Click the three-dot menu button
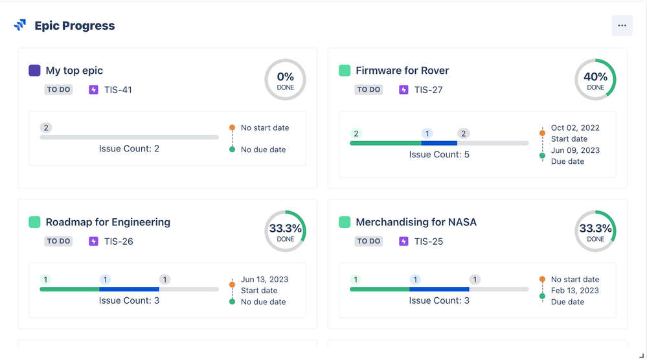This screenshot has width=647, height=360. click(622, 26)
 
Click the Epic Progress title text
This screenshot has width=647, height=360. click(74, 26)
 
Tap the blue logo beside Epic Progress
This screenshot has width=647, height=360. click(20, 25)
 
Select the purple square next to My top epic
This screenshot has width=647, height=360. click(35, 71)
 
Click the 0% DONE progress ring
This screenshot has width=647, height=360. click(285, 80)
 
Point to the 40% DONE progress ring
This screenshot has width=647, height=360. click(595, 80)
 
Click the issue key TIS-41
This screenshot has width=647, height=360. click(118, 90)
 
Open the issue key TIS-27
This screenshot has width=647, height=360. click(428, 90)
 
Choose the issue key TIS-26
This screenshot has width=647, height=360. click(118, 242)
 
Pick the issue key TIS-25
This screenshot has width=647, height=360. click(428, 242)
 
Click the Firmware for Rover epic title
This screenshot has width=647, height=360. click(402, 71)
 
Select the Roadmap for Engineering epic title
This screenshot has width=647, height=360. click(108, 222)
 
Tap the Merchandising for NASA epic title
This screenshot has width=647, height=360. click(416, 222)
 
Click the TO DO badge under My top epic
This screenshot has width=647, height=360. click(59, 90)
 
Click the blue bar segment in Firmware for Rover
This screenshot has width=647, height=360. click(439, 143)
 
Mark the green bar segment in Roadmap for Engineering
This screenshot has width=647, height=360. click(69, 289)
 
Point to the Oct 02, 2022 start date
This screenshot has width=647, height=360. click(575, 128)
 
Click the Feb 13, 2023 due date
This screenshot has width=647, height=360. click(575, 291)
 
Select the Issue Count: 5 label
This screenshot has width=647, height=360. click(439, 155)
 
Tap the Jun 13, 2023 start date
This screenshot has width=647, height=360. click(265, 280)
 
